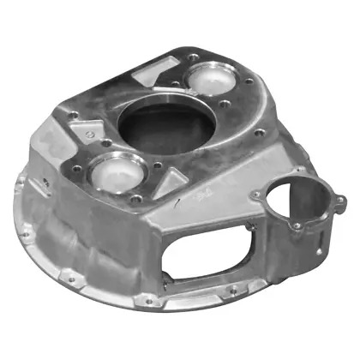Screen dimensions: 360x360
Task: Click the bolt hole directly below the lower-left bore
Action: click(135, 200)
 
